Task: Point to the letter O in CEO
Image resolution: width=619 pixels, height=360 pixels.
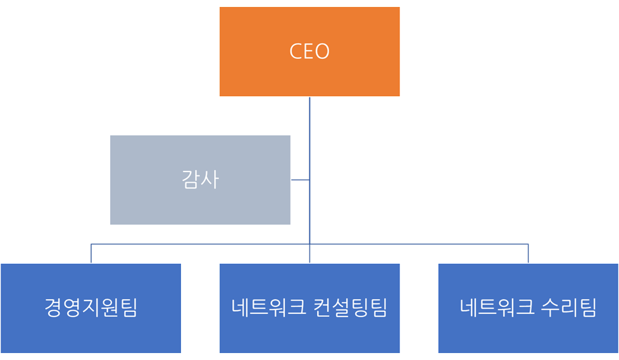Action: tap(322, 51)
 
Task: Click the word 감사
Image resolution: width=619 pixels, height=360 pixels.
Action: tap(200, 180)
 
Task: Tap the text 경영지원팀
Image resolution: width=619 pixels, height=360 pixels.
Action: tap(91, 308)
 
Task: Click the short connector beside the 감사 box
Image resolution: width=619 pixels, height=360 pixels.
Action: tap(300, 180)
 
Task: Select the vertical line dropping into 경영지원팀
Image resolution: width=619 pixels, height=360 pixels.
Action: tap(91, 254)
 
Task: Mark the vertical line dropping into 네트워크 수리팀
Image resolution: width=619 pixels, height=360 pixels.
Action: tap(528, 254)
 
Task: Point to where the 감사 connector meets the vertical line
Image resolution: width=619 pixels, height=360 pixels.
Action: tap(309, 180)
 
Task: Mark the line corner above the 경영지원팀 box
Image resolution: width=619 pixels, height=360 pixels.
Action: tap(91, 244)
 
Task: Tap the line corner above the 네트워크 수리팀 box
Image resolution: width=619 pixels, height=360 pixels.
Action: tap(528, 244)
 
